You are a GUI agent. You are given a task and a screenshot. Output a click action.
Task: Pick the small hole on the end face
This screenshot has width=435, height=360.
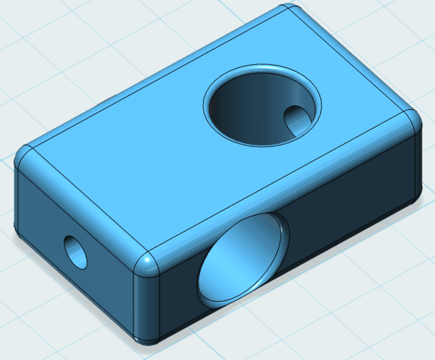(75, 252)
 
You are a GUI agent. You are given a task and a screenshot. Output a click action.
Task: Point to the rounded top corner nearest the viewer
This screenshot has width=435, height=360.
(148, 263)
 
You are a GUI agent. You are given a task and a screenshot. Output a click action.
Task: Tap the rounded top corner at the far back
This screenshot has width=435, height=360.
(290, 12)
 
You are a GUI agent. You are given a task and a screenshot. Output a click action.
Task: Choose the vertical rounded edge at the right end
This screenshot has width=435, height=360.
(417, 164)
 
